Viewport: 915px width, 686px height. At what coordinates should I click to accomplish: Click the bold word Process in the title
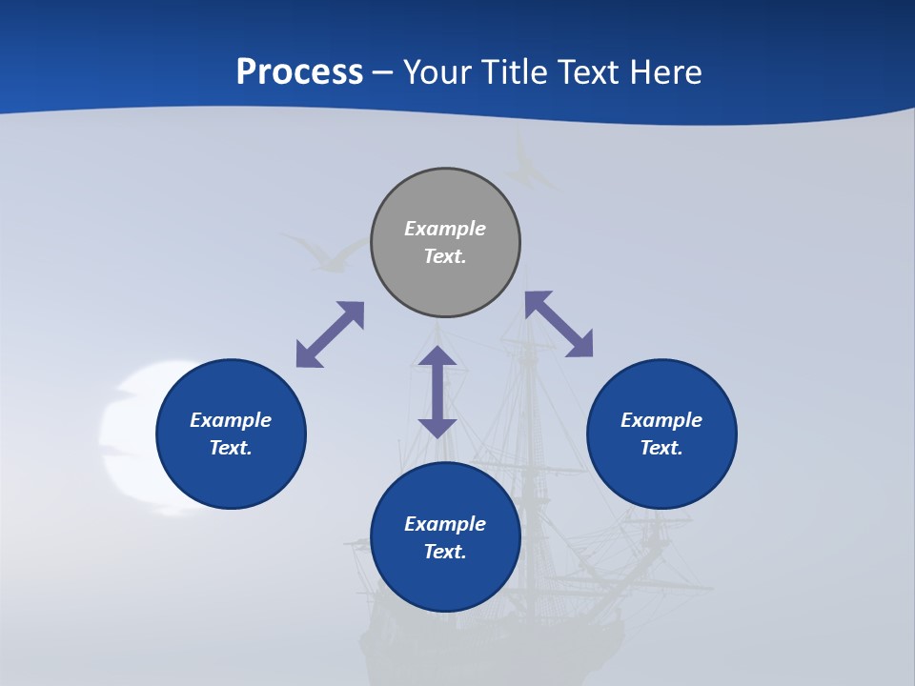299,72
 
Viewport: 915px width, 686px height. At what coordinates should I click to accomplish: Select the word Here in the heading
665,72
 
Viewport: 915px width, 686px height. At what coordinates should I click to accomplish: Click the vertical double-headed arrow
437,392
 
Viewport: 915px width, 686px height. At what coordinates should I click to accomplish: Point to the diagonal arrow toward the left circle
330,334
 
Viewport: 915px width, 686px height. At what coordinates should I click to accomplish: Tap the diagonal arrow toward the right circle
559,324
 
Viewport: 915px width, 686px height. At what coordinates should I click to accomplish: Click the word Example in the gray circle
445,229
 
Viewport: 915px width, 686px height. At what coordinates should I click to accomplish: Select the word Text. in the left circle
231,448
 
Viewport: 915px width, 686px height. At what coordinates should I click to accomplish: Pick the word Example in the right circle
661,420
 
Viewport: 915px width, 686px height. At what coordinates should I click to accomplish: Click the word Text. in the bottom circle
445,552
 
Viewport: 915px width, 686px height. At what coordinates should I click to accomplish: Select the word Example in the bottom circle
445,524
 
